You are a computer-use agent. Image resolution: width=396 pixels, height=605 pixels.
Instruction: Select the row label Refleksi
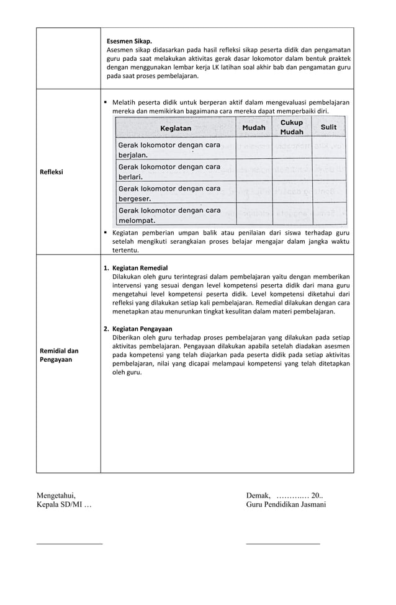point(52,172)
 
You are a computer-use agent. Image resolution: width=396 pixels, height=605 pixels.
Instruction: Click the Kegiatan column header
point(176,128)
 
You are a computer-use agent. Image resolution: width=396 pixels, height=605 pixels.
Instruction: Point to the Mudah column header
point(253,128)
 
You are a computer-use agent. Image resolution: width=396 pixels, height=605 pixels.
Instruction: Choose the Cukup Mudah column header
point(292,127)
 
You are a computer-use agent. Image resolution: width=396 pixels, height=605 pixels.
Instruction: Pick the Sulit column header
point(328,127)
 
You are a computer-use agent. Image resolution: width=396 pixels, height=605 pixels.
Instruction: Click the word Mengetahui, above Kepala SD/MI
point(56,495)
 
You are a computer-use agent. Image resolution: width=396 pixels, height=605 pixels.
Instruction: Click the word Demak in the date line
point(258,495)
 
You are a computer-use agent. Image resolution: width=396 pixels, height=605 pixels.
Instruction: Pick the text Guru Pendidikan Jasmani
point(286,505)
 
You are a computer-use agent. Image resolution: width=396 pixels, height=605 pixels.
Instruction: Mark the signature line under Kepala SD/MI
point(70,544)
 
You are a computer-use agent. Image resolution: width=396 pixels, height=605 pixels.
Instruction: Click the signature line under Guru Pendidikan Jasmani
point(283,544)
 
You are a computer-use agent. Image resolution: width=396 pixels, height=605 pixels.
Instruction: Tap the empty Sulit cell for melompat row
point(328,215)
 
